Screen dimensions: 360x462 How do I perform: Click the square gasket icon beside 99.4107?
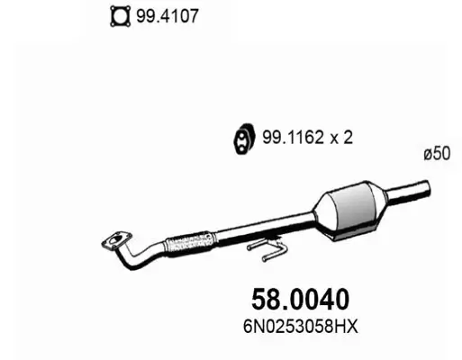click(117, 16)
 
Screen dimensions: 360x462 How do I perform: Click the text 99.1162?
click(289, 138)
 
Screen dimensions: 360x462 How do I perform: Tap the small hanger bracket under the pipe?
click(267, 244)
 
